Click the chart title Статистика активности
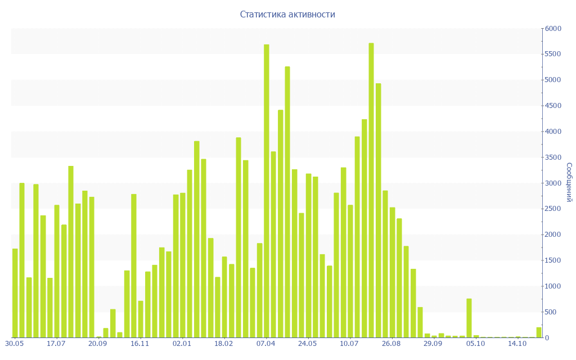(287, 14)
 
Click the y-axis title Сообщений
(569, 182)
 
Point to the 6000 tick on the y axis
(553, 28)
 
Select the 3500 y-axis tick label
(553, 157)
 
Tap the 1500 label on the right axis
(553, 260)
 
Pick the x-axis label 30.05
(15, 343)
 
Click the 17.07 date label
(56, 343)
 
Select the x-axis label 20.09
(98, 343)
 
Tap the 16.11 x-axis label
(140, 343)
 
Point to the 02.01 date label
(182, 343)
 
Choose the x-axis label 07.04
(266, 343)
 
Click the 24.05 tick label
(308, 343)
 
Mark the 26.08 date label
(391, 343)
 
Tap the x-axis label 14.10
(517, 343)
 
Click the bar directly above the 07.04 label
(267, 191)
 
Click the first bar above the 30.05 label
(15, 293)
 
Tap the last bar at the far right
(539, 332)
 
